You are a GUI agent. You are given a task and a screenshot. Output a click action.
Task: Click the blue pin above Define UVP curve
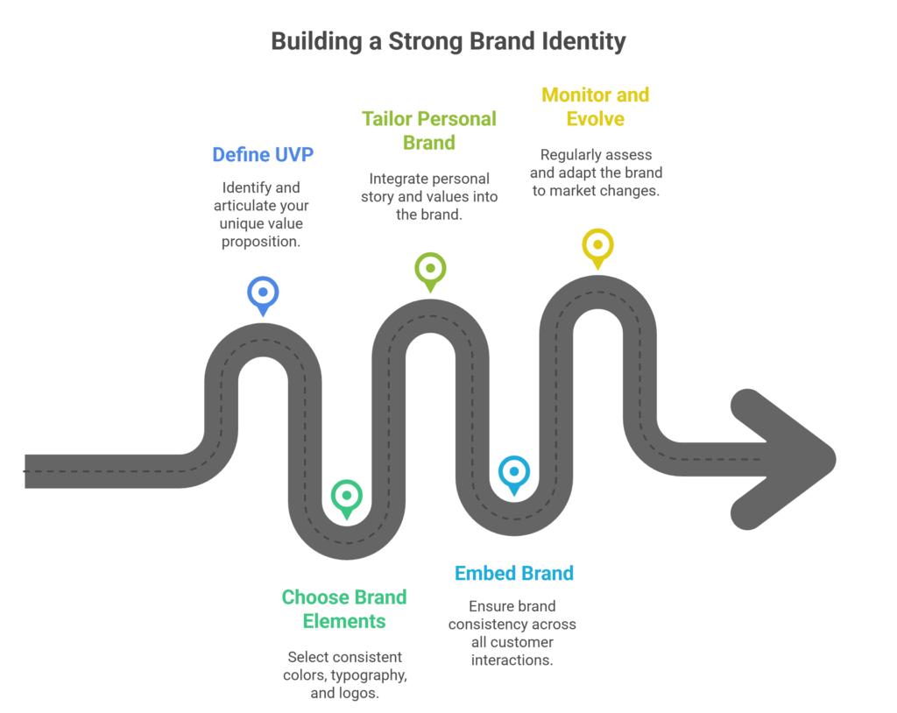263,293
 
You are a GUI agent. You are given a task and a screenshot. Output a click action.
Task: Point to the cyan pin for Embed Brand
513,472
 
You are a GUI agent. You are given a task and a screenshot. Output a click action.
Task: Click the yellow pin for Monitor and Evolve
597,245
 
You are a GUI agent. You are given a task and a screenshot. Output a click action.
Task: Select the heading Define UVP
263,155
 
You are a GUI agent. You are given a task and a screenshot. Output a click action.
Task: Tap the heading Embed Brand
514,574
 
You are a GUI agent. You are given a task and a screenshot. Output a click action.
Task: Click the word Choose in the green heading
315,597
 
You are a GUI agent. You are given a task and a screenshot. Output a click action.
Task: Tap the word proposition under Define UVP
261,241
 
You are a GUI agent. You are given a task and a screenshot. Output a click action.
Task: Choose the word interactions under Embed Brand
512,660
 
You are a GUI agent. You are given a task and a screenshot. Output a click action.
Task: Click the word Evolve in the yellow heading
596,118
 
